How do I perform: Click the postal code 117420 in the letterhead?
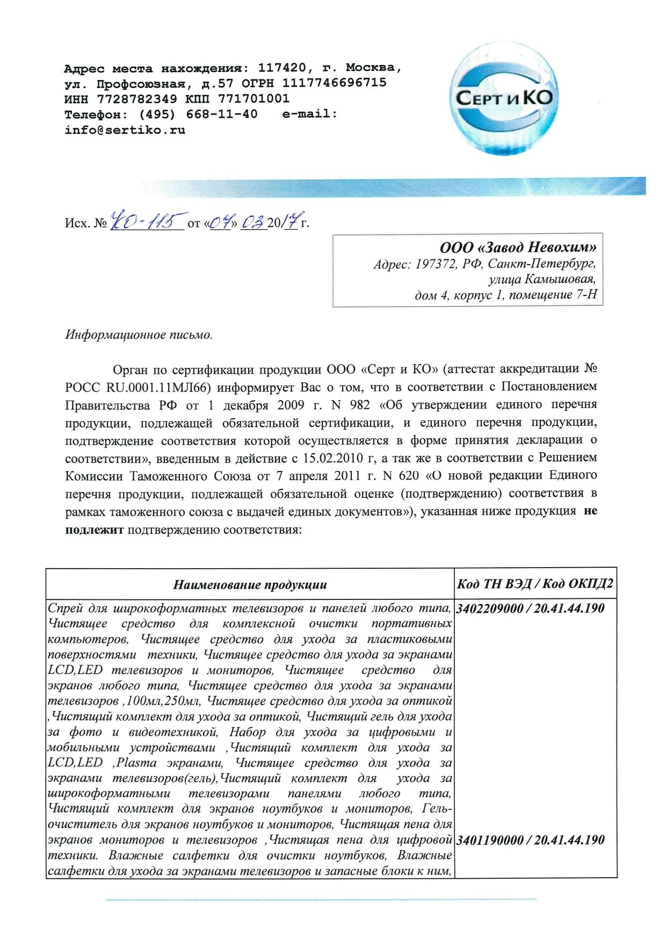pos(282,68)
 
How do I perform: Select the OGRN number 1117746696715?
pos(334,83)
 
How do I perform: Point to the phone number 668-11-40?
pos(222,114)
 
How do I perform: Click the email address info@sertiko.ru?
pos(125,130)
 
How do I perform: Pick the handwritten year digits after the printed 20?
pos(291,220)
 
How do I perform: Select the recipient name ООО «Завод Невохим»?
pos(518,247)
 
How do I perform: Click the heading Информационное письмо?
pos(139,335)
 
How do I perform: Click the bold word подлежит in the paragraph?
pos(95,530)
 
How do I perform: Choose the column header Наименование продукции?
pos(250,584)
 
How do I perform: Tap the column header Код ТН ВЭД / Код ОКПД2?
pos(534,584)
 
